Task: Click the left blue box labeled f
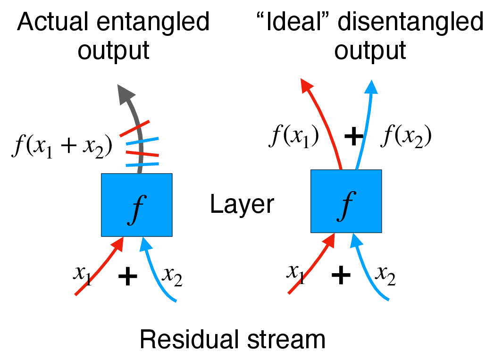[136, 205]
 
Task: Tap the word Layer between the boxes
[242, 205]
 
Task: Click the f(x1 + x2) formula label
[62, 146]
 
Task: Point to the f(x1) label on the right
[294, 136]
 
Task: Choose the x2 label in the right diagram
[385, 275]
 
